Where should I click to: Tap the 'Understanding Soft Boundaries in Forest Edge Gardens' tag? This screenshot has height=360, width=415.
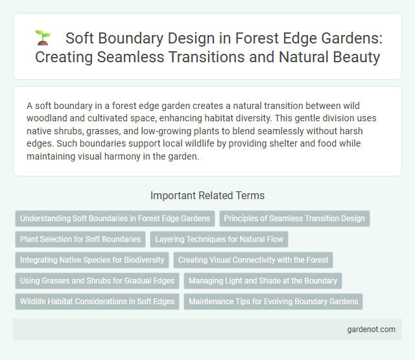pyautogui.click(x=115, y=219)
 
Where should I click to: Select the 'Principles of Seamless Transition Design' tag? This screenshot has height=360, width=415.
pyautogui.click(x=294, y=219)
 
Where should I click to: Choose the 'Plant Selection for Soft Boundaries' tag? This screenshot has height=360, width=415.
pyautogui.click(x=80, y=239)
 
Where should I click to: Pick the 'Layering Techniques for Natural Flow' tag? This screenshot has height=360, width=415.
pyautogui.click(x=220, y=239)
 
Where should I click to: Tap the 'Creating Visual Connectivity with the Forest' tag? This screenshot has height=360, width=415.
pyautogui.click(x=253, y=260)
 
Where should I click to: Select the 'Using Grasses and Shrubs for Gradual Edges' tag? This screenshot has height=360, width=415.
pyautogui.click(x=97, y=281)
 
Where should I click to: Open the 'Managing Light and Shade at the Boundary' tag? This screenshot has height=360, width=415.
pyautogui.click(x=263, y=281)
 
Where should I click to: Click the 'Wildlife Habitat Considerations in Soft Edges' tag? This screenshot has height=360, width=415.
pyautogui.click(x=97, y=302)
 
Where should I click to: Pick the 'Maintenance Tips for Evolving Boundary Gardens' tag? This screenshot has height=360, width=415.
pyautogui.click(x=274, y=302)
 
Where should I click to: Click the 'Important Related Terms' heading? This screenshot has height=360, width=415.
pyautogui.click(x=207, y=195)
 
